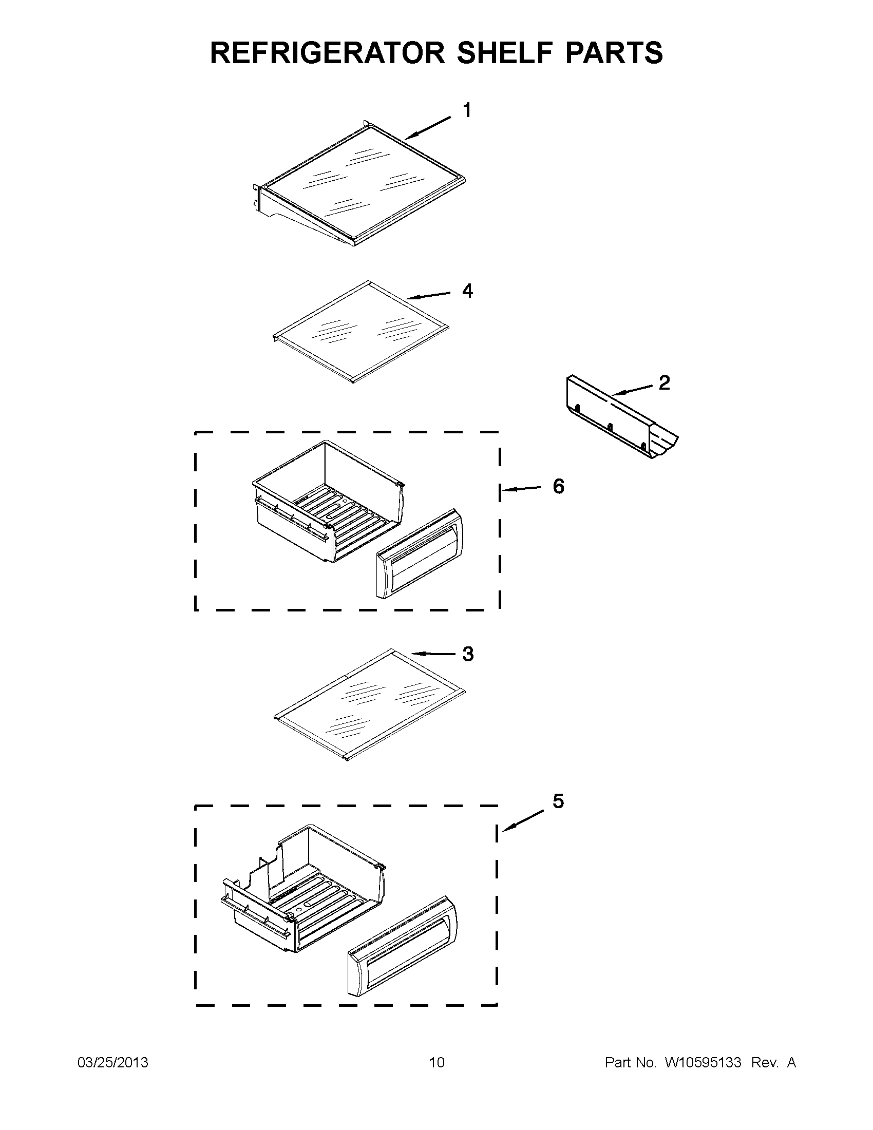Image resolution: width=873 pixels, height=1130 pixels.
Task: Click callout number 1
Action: pyautogui.click(x=467, y=110)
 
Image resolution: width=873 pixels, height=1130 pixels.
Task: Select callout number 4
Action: pyautogui.click(x=467, y=291)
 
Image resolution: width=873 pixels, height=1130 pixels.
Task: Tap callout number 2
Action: pyautogui.click(x=664, y=382)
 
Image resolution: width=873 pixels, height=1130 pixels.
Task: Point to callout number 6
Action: pyautogui.click(x=558, y=486)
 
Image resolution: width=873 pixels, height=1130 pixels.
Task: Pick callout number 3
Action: pyautogui.click(x=467, y=654)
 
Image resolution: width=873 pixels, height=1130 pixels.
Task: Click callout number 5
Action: pyautogui.click(x=558, y=801)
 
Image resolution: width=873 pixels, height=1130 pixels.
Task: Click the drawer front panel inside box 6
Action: pyautogui.click(x=420, y=554)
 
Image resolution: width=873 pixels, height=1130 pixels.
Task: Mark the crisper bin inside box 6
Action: pyautogui.click(x=326, y=502)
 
